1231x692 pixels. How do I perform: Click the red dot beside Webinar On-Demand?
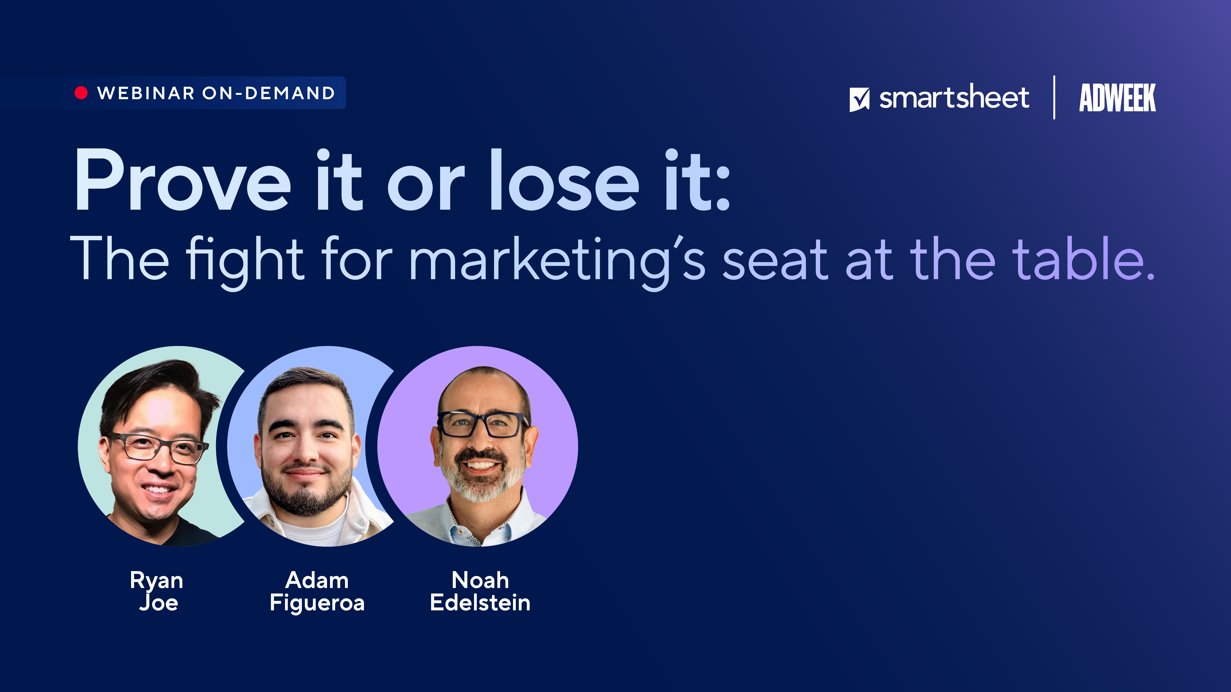81,93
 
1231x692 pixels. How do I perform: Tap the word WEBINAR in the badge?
146,93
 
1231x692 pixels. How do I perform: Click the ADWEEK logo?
1117,97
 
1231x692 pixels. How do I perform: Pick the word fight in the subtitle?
245,263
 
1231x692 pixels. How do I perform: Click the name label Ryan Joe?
157,591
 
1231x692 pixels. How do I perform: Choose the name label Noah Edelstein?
480,591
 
